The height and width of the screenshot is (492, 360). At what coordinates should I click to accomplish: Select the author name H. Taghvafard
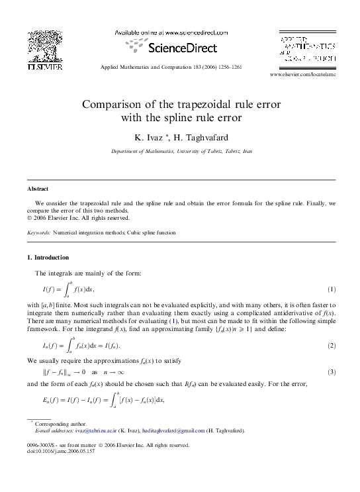click(201, 137)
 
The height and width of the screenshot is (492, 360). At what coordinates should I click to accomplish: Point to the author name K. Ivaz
click(148, 137)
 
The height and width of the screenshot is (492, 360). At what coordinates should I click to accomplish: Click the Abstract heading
click(37, 189)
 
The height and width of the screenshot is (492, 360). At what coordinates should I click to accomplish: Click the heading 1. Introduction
click(47, 257)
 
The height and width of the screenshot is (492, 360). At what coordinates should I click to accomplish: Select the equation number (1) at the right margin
click(332, 290)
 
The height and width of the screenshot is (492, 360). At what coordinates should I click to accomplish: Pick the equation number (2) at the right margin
click(332, 346)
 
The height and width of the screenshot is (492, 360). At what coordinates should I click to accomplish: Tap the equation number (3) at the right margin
click(332, 372)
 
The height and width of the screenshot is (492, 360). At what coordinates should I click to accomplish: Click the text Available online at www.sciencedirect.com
click(171, 32)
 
